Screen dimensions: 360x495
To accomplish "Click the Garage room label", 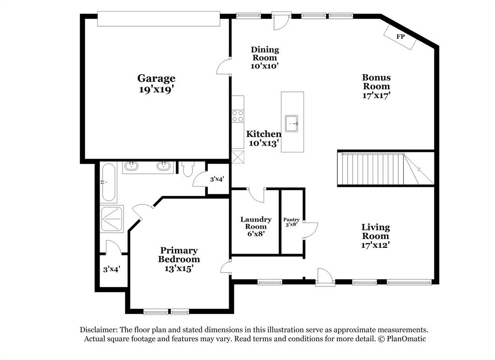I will click(x=156, y=78).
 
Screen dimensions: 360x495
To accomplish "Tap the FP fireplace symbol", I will click(x=401, y=37).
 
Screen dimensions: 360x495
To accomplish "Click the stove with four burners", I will click(x=238, y=116).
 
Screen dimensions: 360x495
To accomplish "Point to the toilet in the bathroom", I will click(x=188, y=168).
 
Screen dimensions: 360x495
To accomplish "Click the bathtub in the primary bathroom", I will click(x=108, y=182).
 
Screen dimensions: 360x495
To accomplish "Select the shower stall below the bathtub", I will click(x=112, y=219).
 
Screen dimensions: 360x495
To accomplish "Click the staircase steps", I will click(x=372, y=168).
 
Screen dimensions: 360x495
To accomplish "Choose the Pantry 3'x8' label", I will click(x=291, y=222).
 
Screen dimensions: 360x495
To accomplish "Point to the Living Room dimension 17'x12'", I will click(x=376, y=245).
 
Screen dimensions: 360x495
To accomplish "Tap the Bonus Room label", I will click(x=377, y=82).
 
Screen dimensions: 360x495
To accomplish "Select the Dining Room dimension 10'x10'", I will click(x=264, y=66).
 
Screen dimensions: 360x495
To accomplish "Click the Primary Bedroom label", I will click(x=179, y=255).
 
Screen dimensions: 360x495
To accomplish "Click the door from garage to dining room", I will click(x=224, y=67).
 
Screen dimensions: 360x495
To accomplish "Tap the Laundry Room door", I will click(x=256, y=194).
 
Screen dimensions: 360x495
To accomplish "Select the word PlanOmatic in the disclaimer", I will click(x=406, y=339).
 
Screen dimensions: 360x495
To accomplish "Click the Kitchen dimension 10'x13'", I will click(x=263, y=143).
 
